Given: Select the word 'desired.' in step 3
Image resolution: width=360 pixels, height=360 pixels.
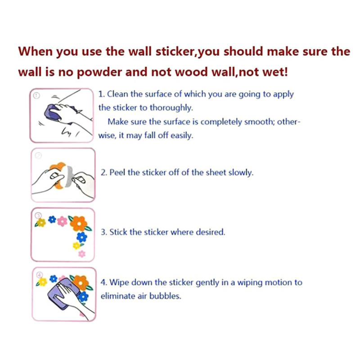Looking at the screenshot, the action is [x=210, y=232].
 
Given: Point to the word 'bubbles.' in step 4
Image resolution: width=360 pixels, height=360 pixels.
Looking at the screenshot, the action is [x=165, y=296].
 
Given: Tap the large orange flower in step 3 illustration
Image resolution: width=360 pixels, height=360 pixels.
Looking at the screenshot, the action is [x=79, y=223].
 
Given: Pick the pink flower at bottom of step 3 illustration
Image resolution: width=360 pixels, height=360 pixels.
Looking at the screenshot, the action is [x=82, y=254].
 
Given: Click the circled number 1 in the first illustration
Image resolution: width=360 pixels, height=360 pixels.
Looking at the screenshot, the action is [x=37, y=95].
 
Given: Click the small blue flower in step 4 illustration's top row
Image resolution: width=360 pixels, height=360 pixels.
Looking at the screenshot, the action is [x=53, y=279].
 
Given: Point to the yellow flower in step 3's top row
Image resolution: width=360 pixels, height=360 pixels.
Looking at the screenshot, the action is [x=41, y=222].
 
